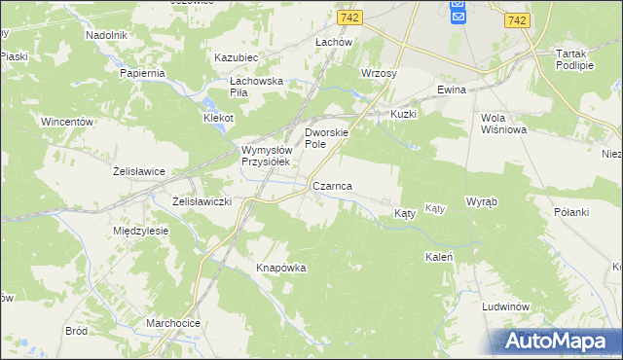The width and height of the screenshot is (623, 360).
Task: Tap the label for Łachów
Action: coord(333,43)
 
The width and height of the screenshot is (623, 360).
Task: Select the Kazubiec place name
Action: coord(235,58)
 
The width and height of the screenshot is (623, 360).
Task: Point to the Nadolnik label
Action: coord(107,35)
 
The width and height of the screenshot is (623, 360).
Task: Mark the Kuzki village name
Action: coord(403,114)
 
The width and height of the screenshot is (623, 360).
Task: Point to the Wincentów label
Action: coord(66,123)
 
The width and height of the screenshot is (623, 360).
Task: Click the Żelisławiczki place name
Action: coord(201,201)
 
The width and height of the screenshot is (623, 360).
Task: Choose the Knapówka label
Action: coord(281,268)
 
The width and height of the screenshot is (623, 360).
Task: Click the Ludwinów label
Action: coord(504,306)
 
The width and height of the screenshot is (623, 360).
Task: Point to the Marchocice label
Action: coord(172,323)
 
